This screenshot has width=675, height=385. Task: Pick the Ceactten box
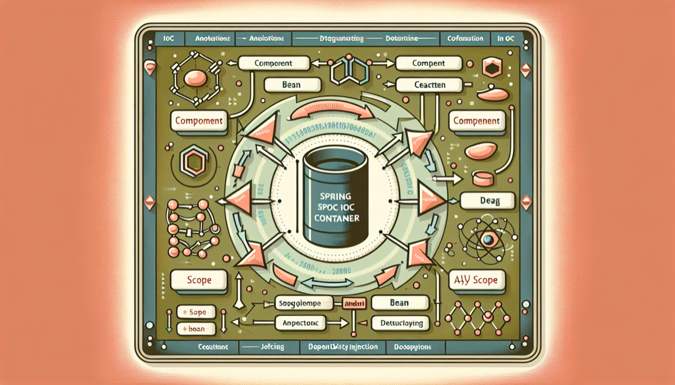coord(430,85)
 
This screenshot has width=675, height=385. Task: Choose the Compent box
coord(429,63)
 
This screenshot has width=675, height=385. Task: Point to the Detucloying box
coord(400,323)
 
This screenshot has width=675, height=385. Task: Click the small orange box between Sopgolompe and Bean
coord(353,303)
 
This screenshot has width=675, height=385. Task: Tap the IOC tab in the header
coord(169,39)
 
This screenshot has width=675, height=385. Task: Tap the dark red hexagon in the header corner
coord(491,68)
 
